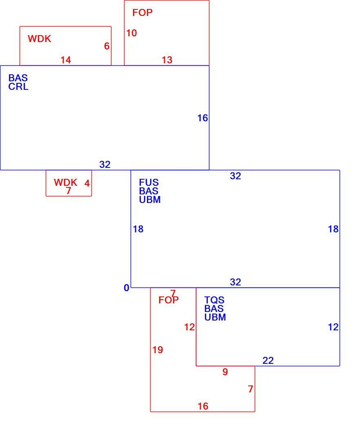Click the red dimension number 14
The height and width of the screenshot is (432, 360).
66,60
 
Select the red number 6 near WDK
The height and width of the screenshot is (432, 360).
107,46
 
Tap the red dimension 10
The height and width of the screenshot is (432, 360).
132,33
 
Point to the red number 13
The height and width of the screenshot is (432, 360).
167,60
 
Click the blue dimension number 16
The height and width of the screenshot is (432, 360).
202,118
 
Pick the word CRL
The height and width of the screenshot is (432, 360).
18,87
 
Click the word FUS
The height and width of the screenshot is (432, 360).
149,183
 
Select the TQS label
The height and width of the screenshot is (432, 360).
214,300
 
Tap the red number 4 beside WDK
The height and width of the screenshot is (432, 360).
87,183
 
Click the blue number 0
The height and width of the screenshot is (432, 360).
127,288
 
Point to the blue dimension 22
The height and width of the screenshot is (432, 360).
268,361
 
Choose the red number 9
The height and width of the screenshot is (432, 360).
225,372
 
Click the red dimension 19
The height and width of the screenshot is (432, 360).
158,350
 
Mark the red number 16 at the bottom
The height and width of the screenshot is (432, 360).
203,406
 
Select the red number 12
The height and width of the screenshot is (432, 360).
189,327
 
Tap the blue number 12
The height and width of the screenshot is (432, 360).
333,327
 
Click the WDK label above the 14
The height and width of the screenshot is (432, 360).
40,39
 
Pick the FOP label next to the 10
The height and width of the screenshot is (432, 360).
142,13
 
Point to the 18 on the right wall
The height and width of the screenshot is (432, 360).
333,229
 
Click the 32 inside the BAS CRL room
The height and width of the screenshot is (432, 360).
105,165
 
